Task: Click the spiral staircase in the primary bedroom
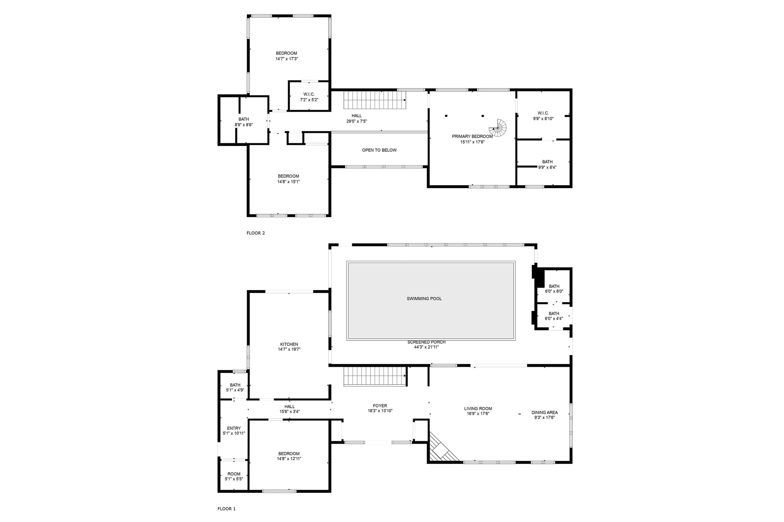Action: point(498,128)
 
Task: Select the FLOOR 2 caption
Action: point(256,233)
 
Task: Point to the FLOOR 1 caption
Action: point(227,509)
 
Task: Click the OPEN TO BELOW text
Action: point(379,150)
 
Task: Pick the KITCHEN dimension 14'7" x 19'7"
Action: point(289,349)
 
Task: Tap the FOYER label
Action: point(380,406)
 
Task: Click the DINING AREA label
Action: point(545,412)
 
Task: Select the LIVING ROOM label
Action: point(478,408)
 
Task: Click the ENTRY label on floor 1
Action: point(234,429)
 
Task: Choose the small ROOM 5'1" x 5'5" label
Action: point(234,476)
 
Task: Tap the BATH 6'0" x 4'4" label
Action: point(554,316)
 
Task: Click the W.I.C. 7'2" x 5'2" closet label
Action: point(309,97)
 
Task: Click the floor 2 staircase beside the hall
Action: point(375,100)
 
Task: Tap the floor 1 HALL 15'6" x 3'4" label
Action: point(290,409)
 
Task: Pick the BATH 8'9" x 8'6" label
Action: point(244,122)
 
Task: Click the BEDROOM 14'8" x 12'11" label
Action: point(289,456)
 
